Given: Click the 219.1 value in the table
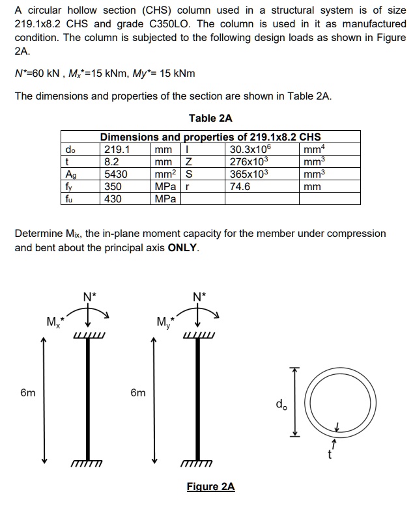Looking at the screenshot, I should (117, 149).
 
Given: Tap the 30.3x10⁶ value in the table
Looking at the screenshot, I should (251, 149).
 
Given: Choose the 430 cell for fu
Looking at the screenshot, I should (113, 199).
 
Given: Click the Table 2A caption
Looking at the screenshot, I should (210, 118).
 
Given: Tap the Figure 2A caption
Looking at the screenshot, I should (210, 487).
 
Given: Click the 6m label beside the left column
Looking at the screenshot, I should (28, 393).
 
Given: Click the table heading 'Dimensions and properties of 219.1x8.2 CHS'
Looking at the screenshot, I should (210, 137).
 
